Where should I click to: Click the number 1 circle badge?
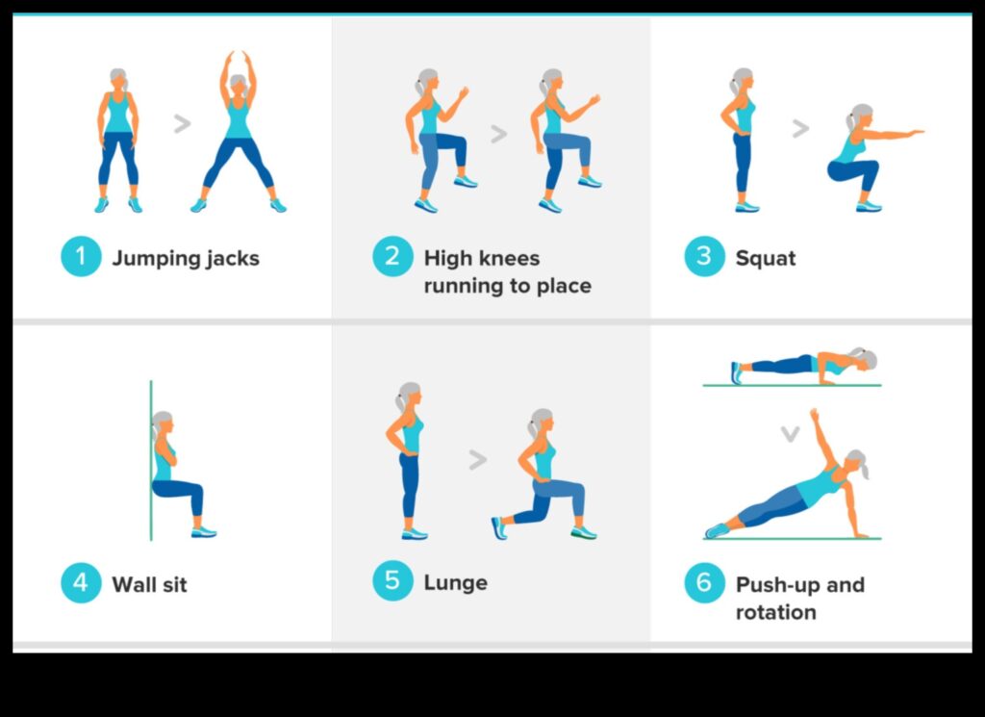pyautogui.click(x=81, y=257)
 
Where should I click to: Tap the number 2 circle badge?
pyautogui.click(x=392, y=257)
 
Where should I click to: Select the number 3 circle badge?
pyautogui.click(x=704, y=257)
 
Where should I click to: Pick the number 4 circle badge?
pyautogui.click(x=81, y=583)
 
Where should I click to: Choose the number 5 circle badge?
pyautogui.click(x=392, y=581)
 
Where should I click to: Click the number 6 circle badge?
pyautogui.click(x=704, y=583)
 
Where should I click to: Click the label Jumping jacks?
pyautogui.click(x=186, y=258)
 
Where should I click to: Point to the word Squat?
pyautogui.click(x=766, y=258)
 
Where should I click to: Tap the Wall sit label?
pyautogui.click(x=149, y=584)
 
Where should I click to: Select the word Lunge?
pyautogui.click(x=455, y=582)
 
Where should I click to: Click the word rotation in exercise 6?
pyautogui.click(x=775, y=612)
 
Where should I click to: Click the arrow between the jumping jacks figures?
pyautogui.click(x=181, y=123)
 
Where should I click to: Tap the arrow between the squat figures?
pyautogui.click(x=799, y=127)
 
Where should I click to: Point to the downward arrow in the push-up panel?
pyautogui.click(x=790, y=434)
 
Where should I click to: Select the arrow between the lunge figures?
pyautogui.click(x=477, y=460)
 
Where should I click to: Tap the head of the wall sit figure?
pyautogui.click(x=163, y=422)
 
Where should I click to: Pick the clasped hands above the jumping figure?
pyautogui.click(x=239, y=57)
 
